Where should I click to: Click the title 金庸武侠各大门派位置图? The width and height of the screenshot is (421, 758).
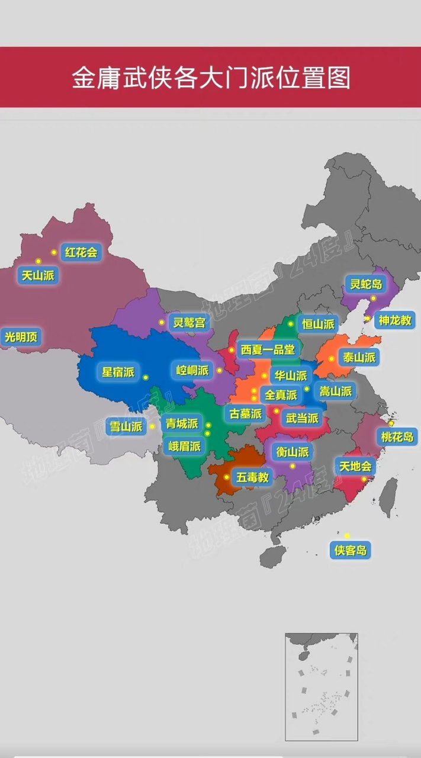(x=211, y=78)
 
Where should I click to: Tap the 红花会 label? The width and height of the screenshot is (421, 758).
(x=81, y=252)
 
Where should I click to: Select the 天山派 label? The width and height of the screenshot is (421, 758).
(x=38, y=275)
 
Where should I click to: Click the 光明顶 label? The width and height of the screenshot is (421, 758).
(x=21, y=337)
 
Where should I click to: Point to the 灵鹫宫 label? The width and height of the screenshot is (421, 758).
(x=188, y=323)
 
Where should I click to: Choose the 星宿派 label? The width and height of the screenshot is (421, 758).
(x=118, y=372)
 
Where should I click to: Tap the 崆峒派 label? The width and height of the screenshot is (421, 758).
(x=193, y=371)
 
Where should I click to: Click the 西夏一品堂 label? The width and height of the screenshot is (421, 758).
(x=267, y=349)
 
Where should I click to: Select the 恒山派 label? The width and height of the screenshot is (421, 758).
(x=318, y=324)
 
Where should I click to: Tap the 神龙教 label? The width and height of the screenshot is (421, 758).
(x=395, y=320)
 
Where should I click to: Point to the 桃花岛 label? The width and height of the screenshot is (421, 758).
(x=397, y=438)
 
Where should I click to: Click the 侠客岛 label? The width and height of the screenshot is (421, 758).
(x=351, y=550)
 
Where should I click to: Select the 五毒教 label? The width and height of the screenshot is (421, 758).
(x=253, y=477)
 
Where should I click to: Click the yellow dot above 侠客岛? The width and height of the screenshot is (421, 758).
(x=348, y=535)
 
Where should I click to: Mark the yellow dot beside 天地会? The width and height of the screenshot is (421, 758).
(x=364, y=479)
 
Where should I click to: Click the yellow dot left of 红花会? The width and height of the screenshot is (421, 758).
(x=54, y=252)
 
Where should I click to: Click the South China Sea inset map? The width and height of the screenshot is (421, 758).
(x=321, y=687)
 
